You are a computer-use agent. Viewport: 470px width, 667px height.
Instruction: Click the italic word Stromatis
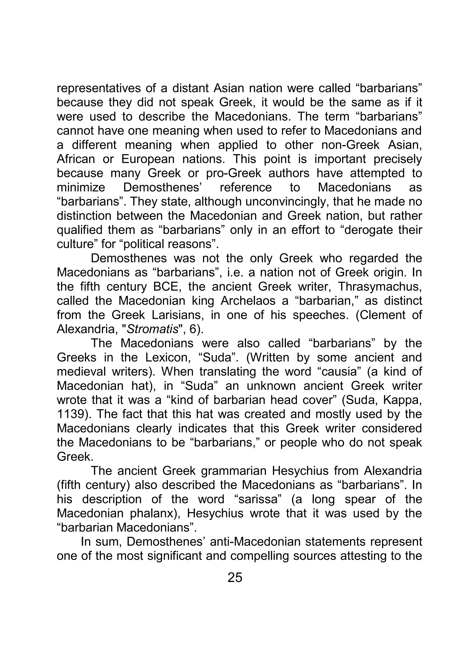[x=153, y=329]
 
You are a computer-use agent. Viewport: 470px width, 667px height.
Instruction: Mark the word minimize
[x=81, y=188]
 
